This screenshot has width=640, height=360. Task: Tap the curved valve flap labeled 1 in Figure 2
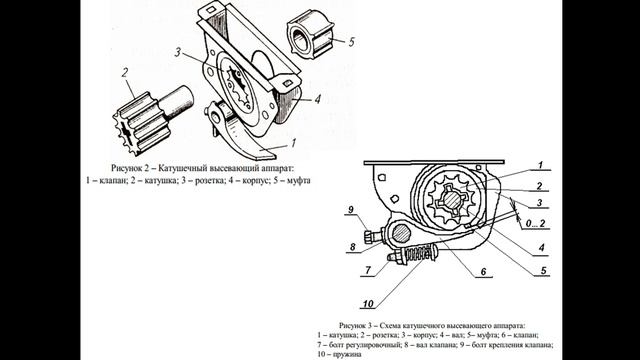point(245,136)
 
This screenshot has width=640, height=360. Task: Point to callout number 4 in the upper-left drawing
point(315,98)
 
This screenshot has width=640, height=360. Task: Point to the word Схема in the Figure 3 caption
point(408,326)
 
